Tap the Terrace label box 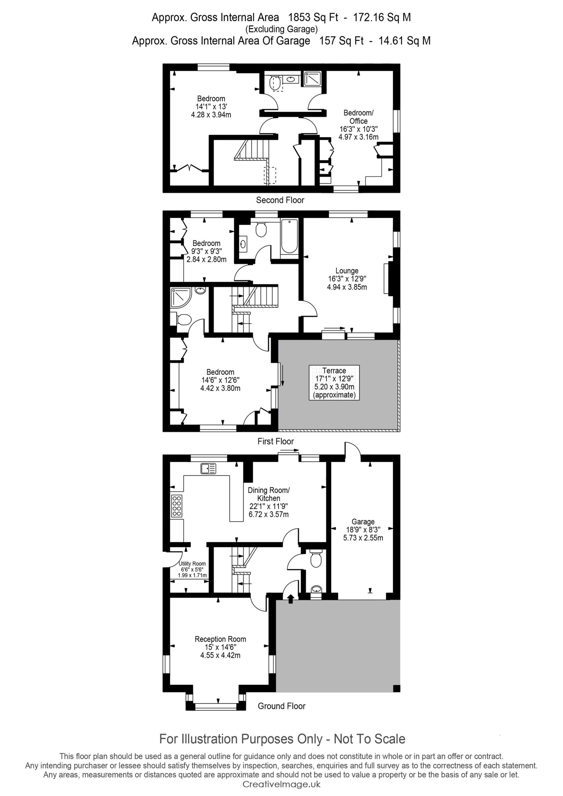[334, 382]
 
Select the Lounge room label [347, 279]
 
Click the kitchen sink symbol [208, 468]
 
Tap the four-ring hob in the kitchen [177, 506]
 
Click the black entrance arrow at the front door [291, 599]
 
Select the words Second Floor [280, 200]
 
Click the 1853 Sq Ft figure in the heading [313, 17]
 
